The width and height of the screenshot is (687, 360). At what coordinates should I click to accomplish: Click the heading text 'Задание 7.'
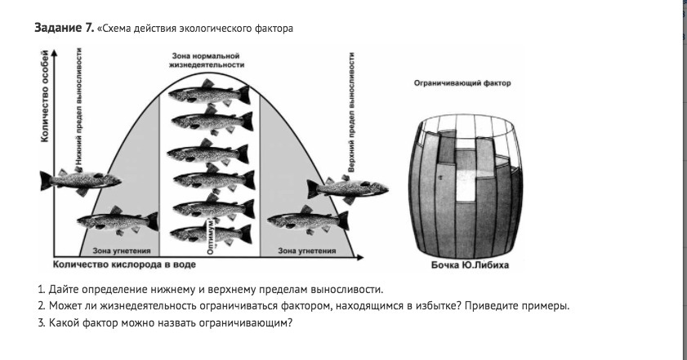pyautogui.click(x=64, y=29)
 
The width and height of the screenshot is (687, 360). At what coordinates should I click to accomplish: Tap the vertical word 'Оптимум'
pyautogui.click(x=212, y=237)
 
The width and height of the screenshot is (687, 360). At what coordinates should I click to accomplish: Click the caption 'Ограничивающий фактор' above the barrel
pyautogui.click(x=462, y=83)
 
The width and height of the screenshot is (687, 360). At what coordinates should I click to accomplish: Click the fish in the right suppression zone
pyautogui.click(x=307, y=220)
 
